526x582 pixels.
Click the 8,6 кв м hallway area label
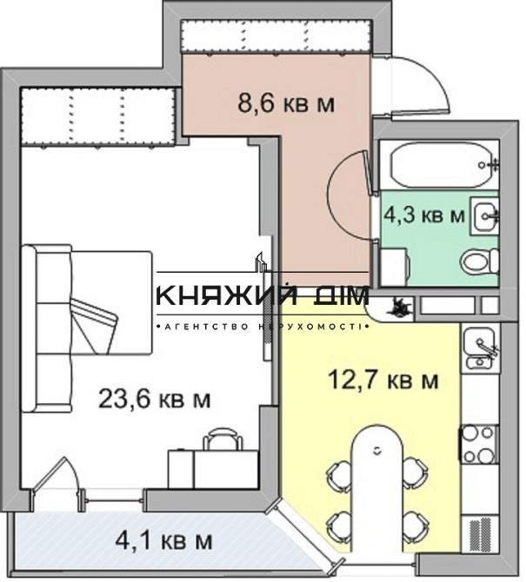286,103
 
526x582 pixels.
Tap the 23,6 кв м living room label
155,400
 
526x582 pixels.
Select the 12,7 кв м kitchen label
383,380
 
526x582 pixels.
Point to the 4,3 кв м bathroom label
424,215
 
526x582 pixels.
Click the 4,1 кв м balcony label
163,541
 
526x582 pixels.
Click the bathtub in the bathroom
444,164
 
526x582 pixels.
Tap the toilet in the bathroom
480,261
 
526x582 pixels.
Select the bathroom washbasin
484,216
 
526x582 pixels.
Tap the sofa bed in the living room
87,327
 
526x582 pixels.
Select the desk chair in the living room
223,439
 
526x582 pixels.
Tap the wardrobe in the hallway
276,36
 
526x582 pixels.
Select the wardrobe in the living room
97,117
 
